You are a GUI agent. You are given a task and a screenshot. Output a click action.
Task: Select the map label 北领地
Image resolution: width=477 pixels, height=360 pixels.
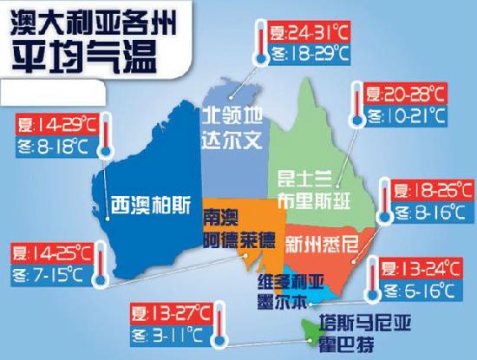point(231,116)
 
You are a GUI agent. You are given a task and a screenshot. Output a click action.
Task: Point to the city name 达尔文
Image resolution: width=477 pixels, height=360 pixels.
point(231,139)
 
